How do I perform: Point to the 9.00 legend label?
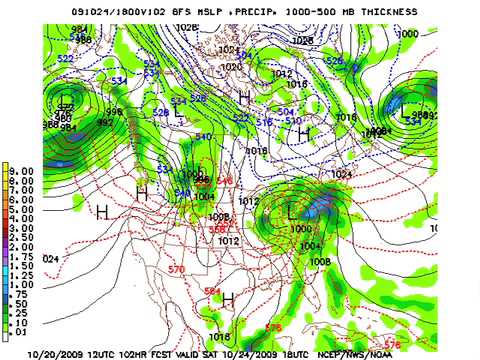pos(21,169)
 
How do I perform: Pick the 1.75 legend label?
pos(21,263)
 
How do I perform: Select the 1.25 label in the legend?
pos(21,282)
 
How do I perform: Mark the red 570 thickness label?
pos(177,270)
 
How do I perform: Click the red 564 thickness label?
pos(212,291)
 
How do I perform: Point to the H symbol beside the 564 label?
pos(228,298)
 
